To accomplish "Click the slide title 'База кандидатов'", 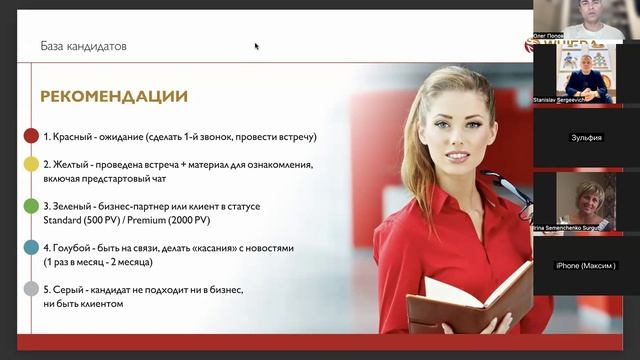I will tap(83, 46).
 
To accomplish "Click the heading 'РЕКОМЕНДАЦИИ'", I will tap(114, 97).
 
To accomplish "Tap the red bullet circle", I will tap(31, 136).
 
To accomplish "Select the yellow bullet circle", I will tap(31, 164).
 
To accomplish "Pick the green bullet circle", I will tap(31, 206).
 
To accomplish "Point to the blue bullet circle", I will tap(31, 247).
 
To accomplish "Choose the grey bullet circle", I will tap(31, 289).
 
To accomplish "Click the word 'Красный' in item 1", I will tap(75, 136).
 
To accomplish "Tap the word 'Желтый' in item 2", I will tap(74, 164).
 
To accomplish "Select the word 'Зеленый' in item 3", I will tap(77, 206).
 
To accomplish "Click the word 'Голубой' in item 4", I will tap(77, 247).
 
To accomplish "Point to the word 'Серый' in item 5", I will tap(70, 289).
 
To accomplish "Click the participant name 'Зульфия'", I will tap(586, 137).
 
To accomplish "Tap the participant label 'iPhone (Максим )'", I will tap(586, 265).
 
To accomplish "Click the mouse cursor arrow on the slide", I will tap(257, 46).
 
